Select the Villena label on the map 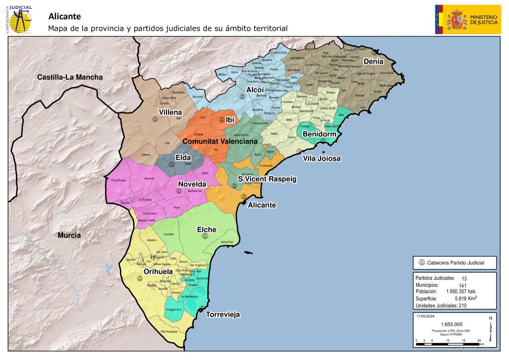tap(170, 112)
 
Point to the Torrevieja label tap(223, 314)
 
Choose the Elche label tap(206, 229)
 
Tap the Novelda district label tap(192, 184)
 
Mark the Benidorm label tap(320, 135)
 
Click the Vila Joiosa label tap(322, 159)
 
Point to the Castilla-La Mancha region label tap(70, 77)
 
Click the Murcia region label tap(69, 235)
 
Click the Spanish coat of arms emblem tap(456, 20)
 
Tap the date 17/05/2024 tap(425, 316)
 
